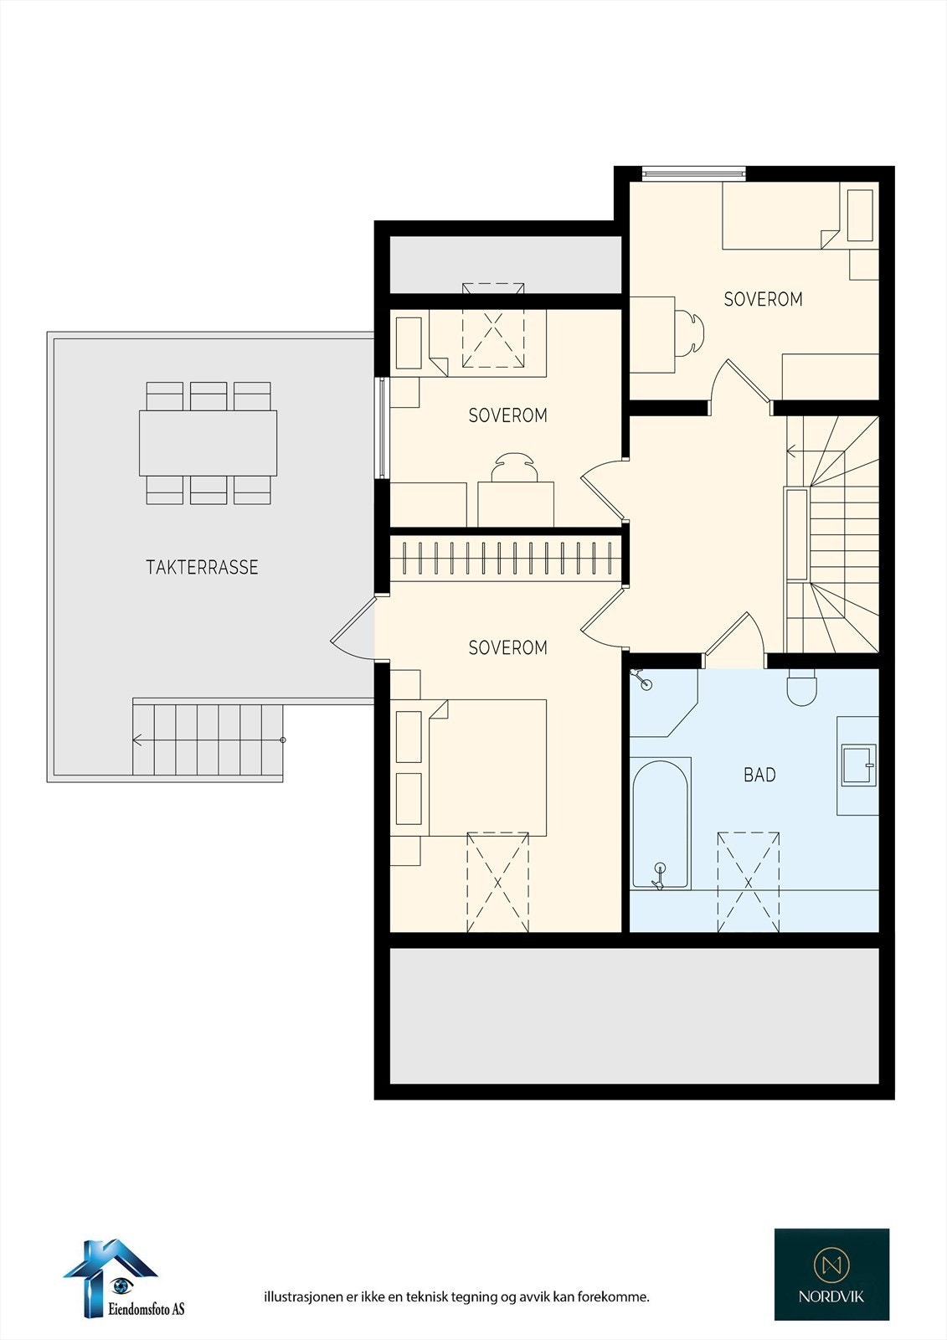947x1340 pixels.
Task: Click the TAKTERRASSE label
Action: tap(202, 567)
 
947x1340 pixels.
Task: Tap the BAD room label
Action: tap(759, 775)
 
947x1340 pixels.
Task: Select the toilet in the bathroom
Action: tap(801, 688)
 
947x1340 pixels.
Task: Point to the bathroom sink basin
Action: tap(857, 765)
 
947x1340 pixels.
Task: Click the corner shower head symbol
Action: tap(643, 680)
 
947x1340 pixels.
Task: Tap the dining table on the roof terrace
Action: tap(208, 442)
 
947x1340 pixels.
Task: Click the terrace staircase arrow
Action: tap(139, 740)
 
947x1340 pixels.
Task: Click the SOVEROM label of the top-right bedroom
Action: tap(763, 299)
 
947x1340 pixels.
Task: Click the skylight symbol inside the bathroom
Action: tap(749, 881)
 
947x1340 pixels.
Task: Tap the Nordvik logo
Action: tap(831, 1274)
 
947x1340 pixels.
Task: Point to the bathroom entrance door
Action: tap(734, 641)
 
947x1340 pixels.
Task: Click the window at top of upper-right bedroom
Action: tap(693, 173)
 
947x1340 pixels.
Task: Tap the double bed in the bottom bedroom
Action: tap(487, 767)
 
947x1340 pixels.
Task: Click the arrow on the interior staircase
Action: tap(792, 452)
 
